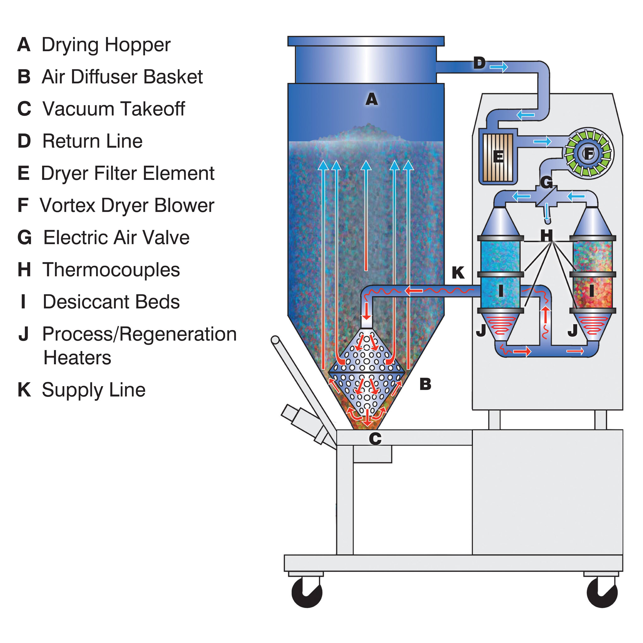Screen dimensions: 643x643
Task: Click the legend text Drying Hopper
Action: click(105, 45)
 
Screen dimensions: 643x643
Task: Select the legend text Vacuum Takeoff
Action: click(113, 109)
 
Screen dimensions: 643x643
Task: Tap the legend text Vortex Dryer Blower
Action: click(127, 205)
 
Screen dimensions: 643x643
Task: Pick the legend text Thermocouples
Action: click(111, 270)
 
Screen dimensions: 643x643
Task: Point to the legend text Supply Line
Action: click(94, 390)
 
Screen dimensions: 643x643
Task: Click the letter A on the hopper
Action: click(371, 99)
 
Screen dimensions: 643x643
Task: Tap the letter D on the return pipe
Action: click(479, 63)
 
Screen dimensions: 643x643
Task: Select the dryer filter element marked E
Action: click(498, 157)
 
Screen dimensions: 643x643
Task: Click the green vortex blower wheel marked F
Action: click(588, 154)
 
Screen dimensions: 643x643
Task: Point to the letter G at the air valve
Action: click(546, 182)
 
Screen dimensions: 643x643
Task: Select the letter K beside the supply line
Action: click(458, 273)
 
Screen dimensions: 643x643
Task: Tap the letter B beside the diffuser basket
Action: click(425, 384)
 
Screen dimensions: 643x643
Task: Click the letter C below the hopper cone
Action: click(375, 439)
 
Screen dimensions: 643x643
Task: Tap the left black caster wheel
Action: click(306, 592)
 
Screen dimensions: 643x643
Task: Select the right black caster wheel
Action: click(602, 592)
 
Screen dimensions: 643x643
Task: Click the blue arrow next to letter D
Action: click(499, 67)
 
